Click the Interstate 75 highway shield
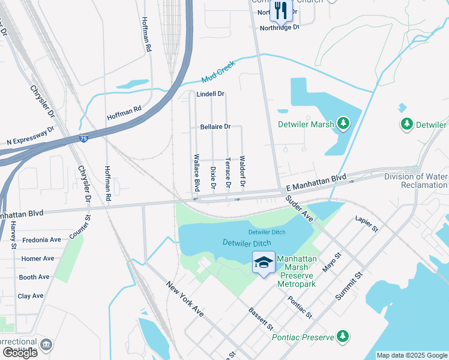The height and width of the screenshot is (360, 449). (x=82, y=139)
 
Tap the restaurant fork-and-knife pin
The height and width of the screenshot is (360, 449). (x=279, y=10)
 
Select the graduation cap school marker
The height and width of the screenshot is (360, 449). (x=264, y=263)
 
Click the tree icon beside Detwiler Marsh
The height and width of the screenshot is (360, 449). (x=343, y=124)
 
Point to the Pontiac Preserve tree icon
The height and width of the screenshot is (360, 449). (x=343, y=336)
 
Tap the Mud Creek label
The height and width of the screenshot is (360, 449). (x=217, y=73)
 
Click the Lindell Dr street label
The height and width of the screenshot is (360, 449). (x=210, y=94)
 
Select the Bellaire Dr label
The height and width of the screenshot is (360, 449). (x=215, y=127)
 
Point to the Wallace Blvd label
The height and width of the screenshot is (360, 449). (x=196, y=172)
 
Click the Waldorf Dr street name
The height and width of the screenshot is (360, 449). (x=243, y=172)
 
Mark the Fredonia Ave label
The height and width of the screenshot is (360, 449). (x=41, y=240)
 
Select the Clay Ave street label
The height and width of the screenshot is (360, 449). (x=31, y=296)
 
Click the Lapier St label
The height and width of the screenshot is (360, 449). (x=366, y=224)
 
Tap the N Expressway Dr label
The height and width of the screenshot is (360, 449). (x=31, y=136)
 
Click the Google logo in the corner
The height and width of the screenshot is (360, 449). (x=20, y=352)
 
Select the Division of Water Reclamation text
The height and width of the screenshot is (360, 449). (x=424, y=181)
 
